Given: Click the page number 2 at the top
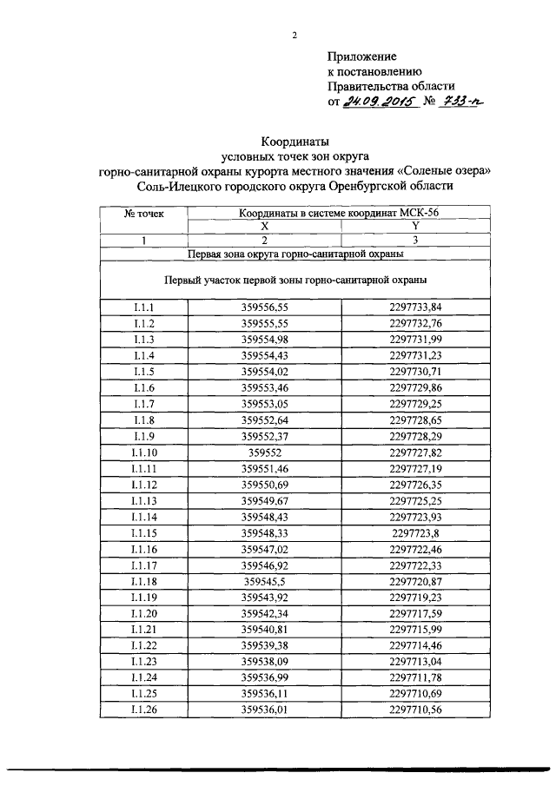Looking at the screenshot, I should (295, 36).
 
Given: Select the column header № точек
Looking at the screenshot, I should (144, 212).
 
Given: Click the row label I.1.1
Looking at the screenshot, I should (144, 307).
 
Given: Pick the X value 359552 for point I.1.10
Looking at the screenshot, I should (265, 453).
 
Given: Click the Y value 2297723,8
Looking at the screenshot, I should (415, 534).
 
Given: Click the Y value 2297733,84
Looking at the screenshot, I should (415, 307).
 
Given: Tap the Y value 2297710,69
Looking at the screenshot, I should (415, 696).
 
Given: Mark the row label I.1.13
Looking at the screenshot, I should (144, 502).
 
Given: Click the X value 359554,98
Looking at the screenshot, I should (265, 339).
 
